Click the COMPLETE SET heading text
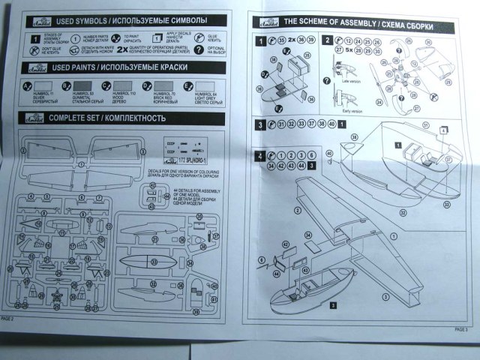click(x=72, y=118)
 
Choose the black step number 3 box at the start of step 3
click(x=259, y=125)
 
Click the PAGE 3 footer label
click(x=462, y=328)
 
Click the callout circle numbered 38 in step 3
click(x=320, y=124)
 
